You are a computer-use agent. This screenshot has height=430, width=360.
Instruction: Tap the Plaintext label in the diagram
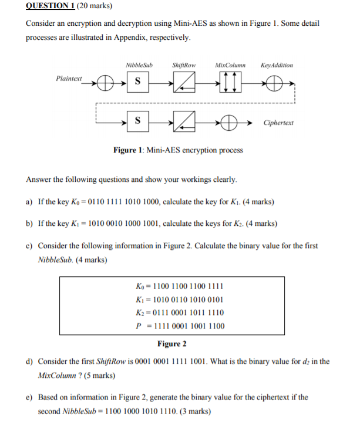click(69, 78)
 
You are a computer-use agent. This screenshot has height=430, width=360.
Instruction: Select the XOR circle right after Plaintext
click(105, 82)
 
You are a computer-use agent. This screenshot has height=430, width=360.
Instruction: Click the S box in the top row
click(137, 82)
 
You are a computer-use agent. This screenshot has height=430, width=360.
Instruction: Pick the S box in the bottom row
click(137, 122)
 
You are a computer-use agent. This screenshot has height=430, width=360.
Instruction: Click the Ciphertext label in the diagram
click(278, 123)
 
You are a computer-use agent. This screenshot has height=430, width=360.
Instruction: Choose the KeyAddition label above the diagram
click(276, 65)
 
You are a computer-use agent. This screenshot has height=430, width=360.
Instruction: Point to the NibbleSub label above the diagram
click(139, 65)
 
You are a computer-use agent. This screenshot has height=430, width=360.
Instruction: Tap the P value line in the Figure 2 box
click(179, 326)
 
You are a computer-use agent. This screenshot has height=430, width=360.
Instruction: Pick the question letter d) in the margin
click(29, 362)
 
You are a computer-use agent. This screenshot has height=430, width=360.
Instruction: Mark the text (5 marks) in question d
click(95, 375)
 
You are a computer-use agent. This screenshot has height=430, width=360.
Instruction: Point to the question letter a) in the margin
click(29, 202)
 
